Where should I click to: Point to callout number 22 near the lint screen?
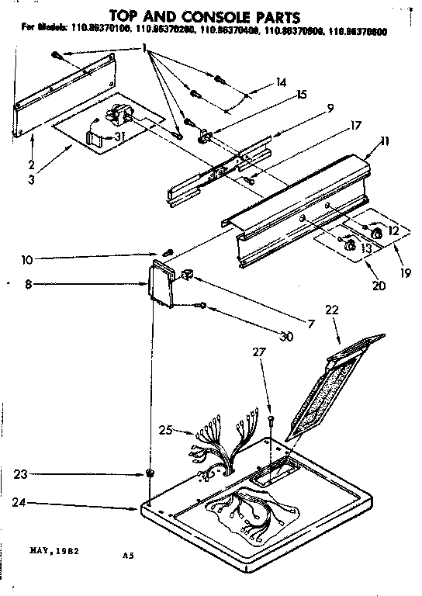pyautogui.click(x=332, y=309)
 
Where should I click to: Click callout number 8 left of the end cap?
pyautogui.click(x=28, y=285)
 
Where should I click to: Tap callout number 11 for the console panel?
pyautogui.click(x=365, y=141)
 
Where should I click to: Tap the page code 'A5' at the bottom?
pyautogui.click(x=127, y=556)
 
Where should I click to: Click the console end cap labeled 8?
pyautogui.click(x=161, y=285)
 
